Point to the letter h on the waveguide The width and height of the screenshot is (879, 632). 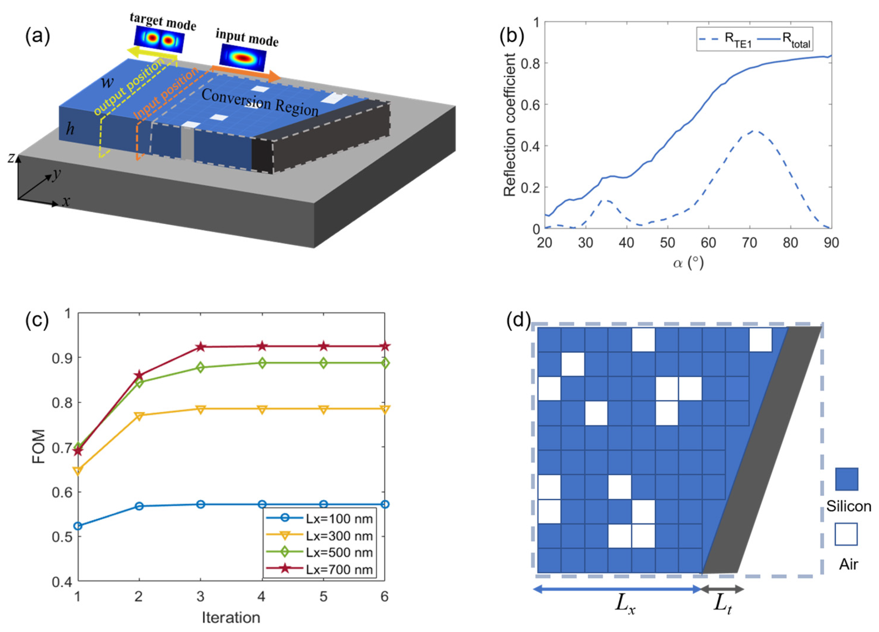[70, 129]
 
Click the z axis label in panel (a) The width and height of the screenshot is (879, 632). [12, 158]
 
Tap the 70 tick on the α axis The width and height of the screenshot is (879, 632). [749, 243]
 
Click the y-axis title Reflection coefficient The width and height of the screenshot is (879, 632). [510, 125]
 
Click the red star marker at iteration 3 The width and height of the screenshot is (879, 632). [200, 347]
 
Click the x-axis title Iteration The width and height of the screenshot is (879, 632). [231, 617]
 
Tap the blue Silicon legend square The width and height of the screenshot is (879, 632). [846, 479]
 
